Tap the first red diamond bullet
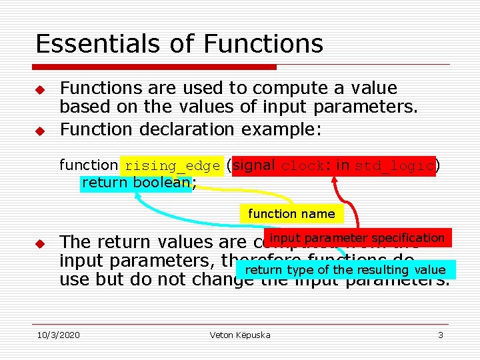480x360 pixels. pyautogui.click(x=40, y=89)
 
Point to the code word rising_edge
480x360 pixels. pyautogui.click(x=172, y=166)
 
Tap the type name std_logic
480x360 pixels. pyautogui.click(x=395, y=166)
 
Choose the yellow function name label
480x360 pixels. pyautogui.click(x=291, y=214)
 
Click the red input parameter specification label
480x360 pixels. pyautogui.click(x=357, y=238)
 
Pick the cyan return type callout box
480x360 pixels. pyautogui.click(x=345, y=270)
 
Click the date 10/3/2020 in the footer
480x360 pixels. pyautogui.click(x=58, y=335)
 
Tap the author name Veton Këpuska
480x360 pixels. pyautogui.click(x=239, y=335)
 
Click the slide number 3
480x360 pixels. pyautogui.click(x=440, y=335)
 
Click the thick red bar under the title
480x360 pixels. pyautogui.click(x=155, y=67)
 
